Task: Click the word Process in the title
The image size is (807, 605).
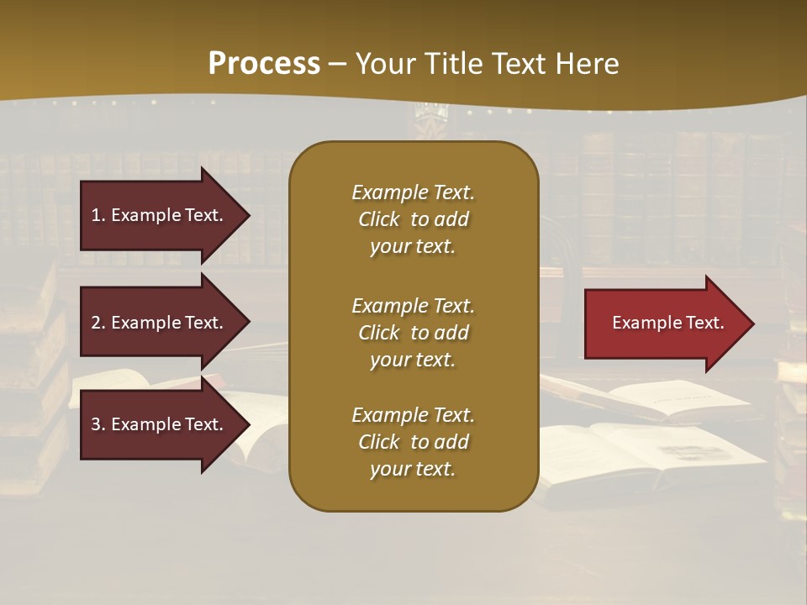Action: coord(264,63)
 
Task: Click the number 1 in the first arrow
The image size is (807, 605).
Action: coord(95,215)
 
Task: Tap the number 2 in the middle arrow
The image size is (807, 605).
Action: coord(95,323)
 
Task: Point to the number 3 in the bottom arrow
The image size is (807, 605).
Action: coord(95,424)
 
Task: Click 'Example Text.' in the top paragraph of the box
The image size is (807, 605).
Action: coord(413,192)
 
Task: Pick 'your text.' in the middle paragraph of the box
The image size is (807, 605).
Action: coord(413,360)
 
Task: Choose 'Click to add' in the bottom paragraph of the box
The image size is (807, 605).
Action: coord(413,442)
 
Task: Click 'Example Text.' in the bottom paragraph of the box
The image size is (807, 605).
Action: coord(413,415)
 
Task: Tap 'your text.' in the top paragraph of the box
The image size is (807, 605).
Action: coord(413,247)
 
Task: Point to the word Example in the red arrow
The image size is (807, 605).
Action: coord(641,323)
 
